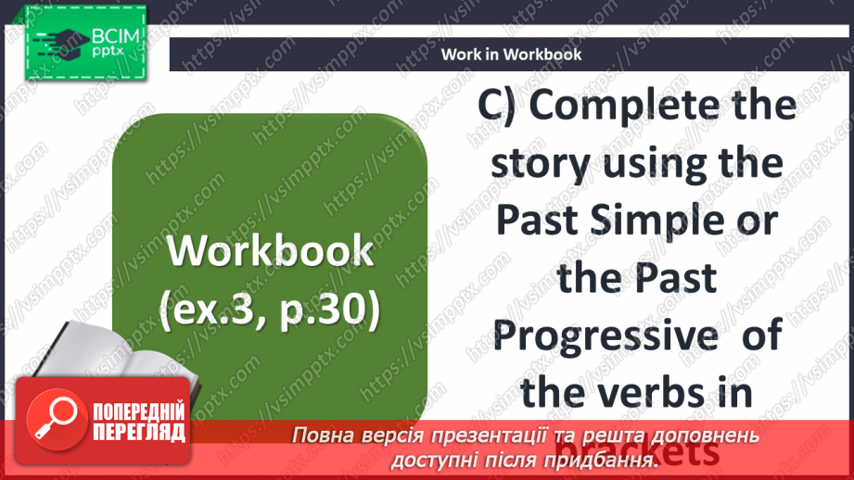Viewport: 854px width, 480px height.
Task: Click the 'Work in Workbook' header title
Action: [511, 54]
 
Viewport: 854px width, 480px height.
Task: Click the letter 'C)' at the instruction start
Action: [502, 107]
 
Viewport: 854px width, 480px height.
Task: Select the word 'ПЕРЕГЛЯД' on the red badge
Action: [139, 432]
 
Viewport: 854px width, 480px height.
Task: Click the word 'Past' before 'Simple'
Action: [540, 221]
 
